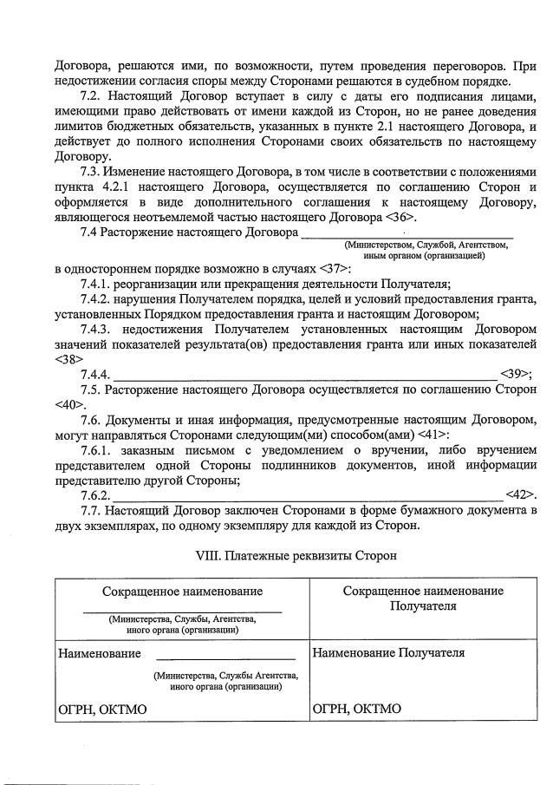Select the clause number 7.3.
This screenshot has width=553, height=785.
click(91, 172)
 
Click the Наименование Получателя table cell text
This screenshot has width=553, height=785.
click(388, 651)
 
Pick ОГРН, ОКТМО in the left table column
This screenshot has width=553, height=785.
click(101, 709)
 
